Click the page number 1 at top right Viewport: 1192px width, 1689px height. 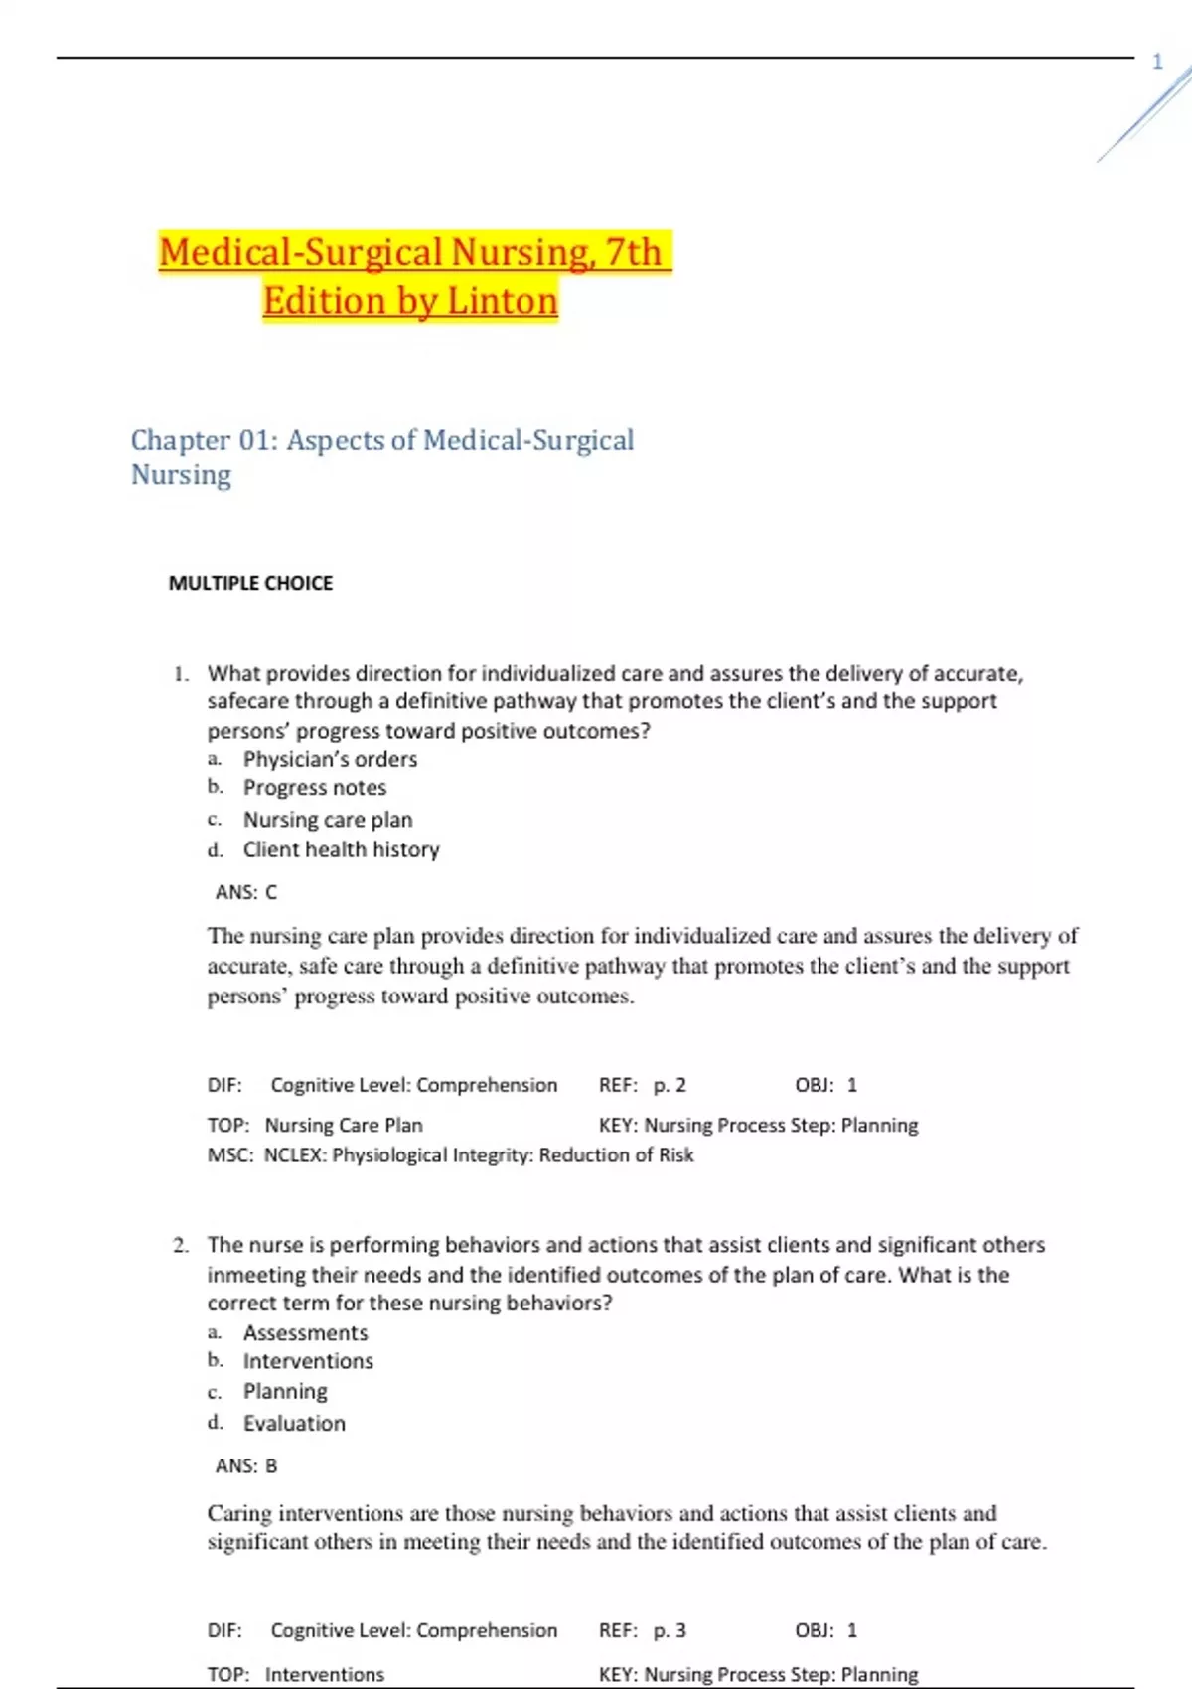pos(1157,62)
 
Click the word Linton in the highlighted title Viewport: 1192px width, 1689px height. pos(503,301)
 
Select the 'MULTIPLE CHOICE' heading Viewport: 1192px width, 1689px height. pos(250,583)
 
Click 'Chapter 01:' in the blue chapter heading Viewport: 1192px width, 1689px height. pos(205,440)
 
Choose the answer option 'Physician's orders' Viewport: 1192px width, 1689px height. pos(330,759)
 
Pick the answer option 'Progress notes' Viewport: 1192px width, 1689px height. pos(315,788)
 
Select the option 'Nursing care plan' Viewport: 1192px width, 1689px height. pos(328,820)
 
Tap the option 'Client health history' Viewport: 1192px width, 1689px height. pos(341,849)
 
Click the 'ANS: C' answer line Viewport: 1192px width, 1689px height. pos(246,892)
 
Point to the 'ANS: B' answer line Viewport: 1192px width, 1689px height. pos(246,1465)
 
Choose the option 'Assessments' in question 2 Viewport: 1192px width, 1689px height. pos(305,1332)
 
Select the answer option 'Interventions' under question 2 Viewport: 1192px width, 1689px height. pos(308,1361)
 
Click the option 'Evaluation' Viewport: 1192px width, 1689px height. pos(294,1423)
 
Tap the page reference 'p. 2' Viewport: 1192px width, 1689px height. pos(670,1085)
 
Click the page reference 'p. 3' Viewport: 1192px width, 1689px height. pos(670,1630)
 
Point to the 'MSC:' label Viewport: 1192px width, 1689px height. pos(230,1155)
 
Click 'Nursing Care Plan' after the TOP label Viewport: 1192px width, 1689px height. pos(344,1125)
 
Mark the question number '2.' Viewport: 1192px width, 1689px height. pos(181,1245)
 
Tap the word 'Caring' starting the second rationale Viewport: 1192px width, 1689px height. pos(239,1513)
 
